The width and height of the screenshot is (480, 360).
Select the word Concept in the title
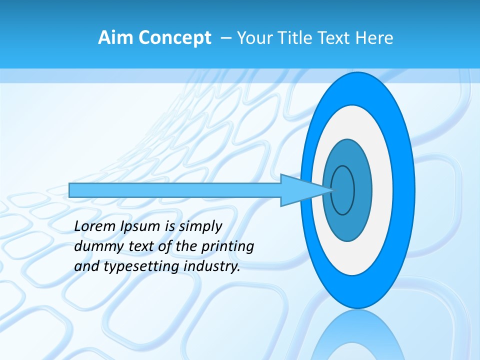click(174, 38)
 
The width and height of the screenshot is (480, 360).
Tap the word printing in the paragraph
click(227, 246)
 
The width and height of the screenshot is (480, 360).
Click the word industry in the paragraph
click(212, 266)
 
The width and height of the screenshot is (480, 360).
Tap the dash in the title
click(225, 38)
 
